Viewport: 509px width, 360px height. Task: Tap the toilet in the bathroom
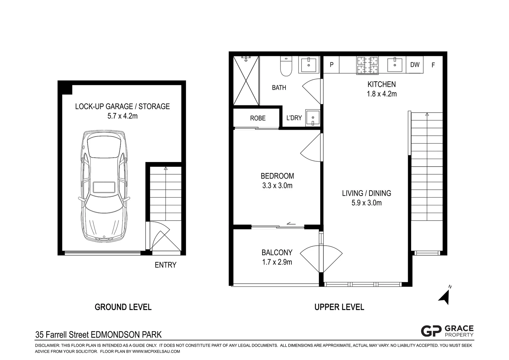pos(286,67)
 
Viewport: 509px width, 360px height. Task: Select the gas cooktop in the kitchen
pos(367,65)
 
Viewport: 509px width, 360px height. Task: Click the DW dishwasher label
pos(415,65)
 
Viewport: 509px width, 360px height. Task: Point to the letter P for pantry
pos(331,65)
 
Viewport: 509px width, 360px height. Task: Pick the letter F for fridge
pos(433,65)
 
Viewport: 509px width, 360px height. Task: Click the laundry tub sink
pos(312,118)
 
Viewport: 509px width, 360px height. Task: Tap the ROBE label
pos(258,118)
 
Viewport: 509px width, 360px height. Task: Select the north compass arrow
pos(445,296)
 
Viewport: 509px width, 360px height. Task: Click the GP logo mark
pos(431,331)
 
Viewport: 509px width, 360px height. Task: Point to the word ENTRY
pos(166,265)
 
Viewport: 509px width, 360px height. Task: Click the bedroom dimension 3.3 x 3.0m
pos(277,186)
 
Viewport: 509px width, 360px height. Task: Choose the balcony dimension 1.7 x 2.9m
pos(277,262)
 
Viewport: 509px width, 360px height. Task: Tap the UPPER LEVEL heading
pos(339,307)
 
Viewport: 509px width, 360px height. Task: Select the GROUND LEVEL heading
pos(123,307)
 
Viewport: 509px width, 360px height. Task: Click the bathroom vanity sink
pos(309,65)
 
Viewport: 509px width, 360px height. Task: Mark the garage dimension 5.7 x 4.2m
pos(122,116)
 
